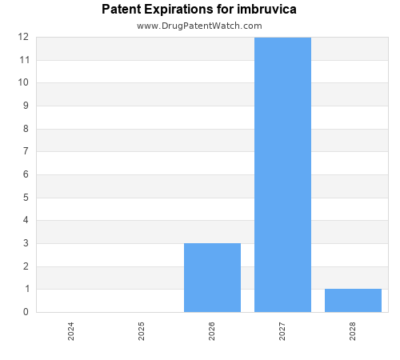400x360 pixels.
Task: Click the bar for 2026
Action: pyautogui.click(x=212, y=278)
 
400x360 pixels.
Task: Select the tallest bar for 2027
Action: pyautogui.click(x=282, y=174)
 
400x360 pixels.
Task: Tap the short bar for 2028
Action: pyautogui.click(x=353, y=300)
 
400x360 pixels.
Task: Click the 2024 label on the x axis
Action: pyautogui.click(x=71, y=331)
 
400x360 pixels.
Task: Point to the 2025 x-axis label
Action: pyautogui.click(x=142, y=331)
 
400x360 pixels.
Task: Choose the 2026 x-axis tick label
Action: pyautogui.click(x=212, y=331)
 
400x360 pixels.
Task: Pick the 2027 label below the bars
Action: pyautogui.click(x=282, y=331)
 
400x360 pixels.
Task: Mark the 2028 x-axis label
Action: pyautogui.click(x=353, y=331)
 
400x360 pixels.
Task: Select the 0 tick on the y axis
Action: pyautogui.click(x=26, y=312)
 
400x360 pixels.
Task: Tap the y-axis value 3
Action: pyautogui.click(x=26, y=243)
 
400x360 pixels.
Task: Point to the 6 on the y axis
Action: pyautogui.click(x=26, y=174)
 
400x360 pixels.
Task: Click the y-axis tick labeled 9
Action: pyautogui.click(x=26, y=106)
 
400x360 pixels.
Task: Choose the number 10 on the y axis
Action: pyautogui.click(x=23, y=82)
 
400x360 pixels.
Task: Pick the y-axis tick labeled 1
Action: pyautogui.click(x=26, y=289)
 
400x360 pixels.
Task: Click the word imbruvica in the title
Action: pyautogui.click(x=265, y=10)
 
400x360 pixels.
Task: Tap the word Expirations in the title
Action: pyautogui.click(x=181, y=10)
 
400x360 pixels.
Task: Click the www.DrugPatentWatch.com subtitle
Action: pyautogui.click(x=199, y=26)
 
